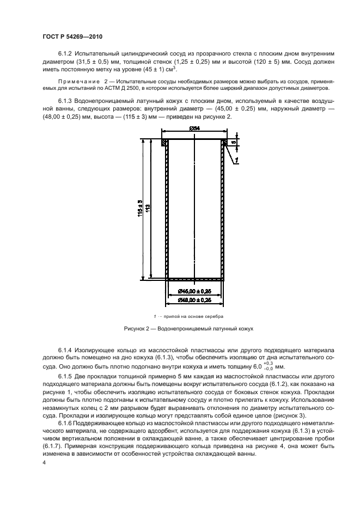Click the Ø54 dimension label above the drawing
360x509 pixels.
(194, 128)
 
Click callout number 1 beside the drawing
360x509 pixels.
(238, 160)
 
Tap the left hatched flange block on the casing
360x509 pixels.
(164, 143)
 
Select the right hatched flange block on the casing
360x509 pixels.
(224, 143)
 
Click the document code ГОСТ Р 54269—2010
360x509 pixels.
(72, 36)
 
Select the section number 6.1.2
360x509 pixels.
(65, 54)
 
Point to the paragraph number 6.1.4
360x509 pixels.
(65, 348)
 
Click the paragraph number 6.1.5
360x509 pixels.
(65, 377)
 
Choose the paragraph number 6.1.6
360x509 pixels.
(65, 424)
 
